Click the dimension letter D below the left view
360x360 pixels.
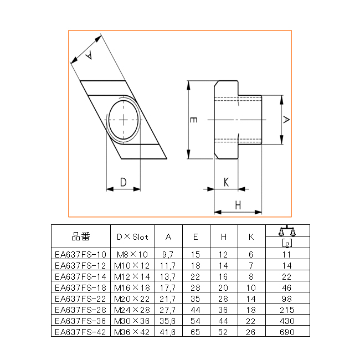tap(124, 182)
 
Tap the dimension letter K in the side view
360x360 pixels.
tap(226, 182)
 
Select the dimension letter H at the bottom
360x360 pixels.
tap(238, 205)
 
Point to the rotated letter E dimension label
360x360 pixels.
tap(193, 120)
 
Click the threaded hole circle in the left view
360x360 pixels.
tap(124, 120)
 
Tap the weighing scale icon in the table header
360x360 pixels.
tap(287, 231)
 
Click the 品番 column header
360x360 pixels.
tap(81, 236)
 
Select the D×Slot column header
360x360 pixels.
tap(132, 236)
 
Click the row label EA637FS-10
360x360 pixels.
tap(81, 254)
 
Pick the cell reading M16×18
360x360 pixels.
tap(132, 287)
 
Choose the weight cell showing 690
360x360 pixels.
tap(287, 332)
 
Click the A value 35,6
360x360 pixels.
tap(168, 321)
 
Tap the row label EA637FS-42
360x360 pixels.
tap(81, 332)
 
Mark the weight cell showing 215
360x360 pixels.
tap(287, 310)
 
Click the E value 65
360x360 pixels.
tap(196, 332)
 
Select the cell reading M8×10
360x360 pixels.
tap(132, 254)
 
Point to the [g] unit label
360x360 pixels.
tap(287, 243)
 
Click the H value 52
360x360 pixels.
tap(223, 332)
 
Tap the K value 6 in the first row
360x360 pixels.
tap(251, 254)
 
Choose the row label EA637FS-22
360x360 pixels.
tap(81, 299)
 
